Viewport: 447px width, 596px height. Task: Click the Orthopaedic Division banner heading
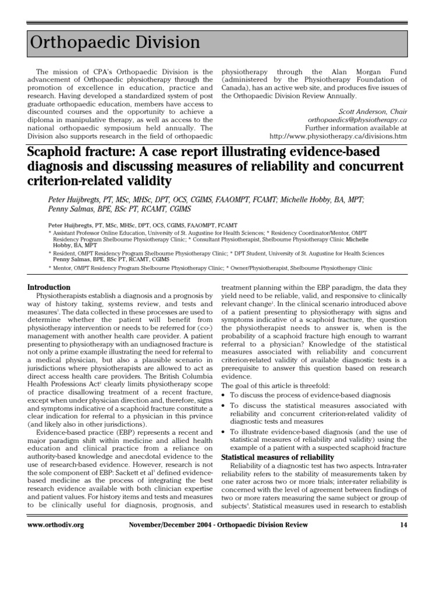pos(114,42)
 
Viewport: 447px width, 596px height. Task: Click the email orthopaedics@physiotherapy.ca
pos(357,119)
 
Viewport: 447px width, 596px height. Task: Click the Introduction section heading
pos(49,288)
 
